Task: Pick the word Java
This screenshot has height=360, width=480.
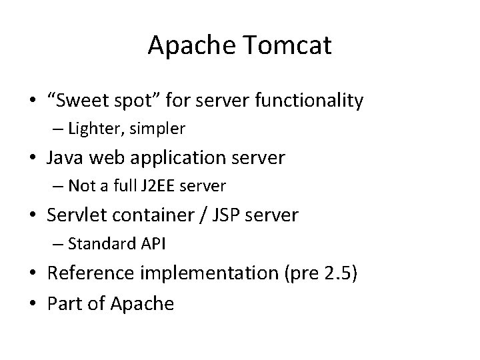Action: point(65,158)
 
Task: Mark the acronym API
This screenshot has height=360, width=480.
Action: point(153,244)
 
